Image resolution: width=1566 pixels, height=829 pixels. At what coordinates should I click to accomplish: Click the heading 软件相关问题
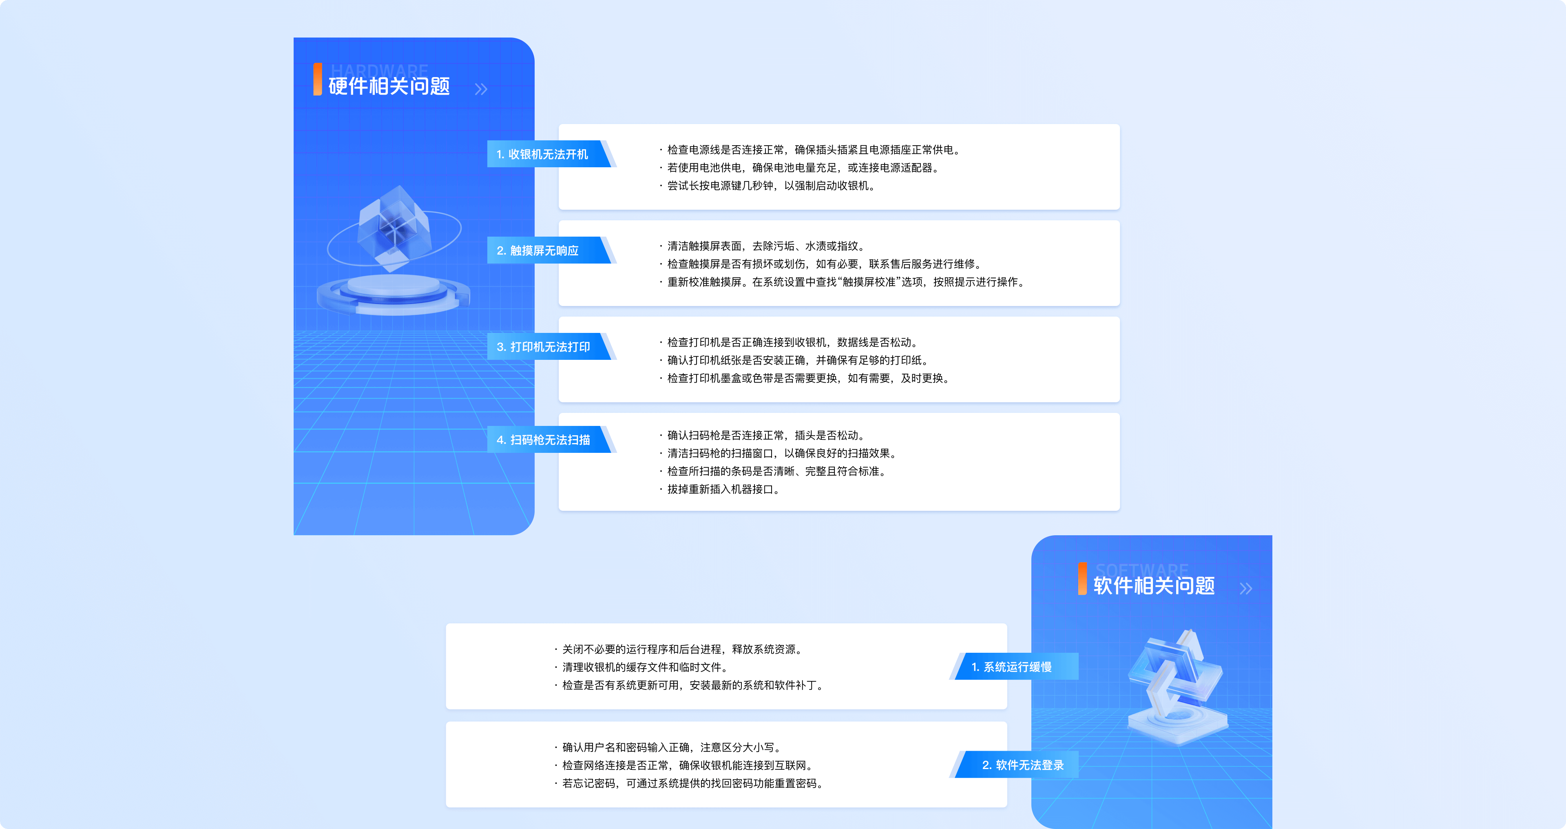tap(1154, 586)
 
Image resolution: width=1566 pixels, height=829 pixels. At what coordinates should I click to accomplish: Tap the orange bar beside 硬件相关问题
tap(317, 79)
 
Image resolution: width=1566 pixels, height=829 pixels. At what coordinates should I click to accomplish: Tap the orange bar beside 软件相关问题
tap(1082, 579)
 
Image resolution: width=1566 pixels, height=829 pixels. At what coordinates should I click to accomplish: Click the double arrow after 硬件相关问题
tap(481, 89)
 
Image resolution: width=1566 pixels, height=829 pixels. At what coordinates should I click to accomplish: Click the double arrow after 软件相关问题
tap(1245, 588)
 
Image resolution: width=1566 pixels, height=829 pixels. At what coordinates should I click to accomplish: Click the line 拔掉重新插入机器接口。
tap(720, 489)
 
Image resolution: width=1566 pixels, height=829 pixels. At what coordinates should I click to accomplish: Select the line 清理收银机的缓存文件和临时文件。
tap(642, 667)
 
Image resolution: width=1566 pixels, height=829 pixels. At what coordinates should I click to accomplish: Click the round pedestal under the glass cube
tap(393, 294)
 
